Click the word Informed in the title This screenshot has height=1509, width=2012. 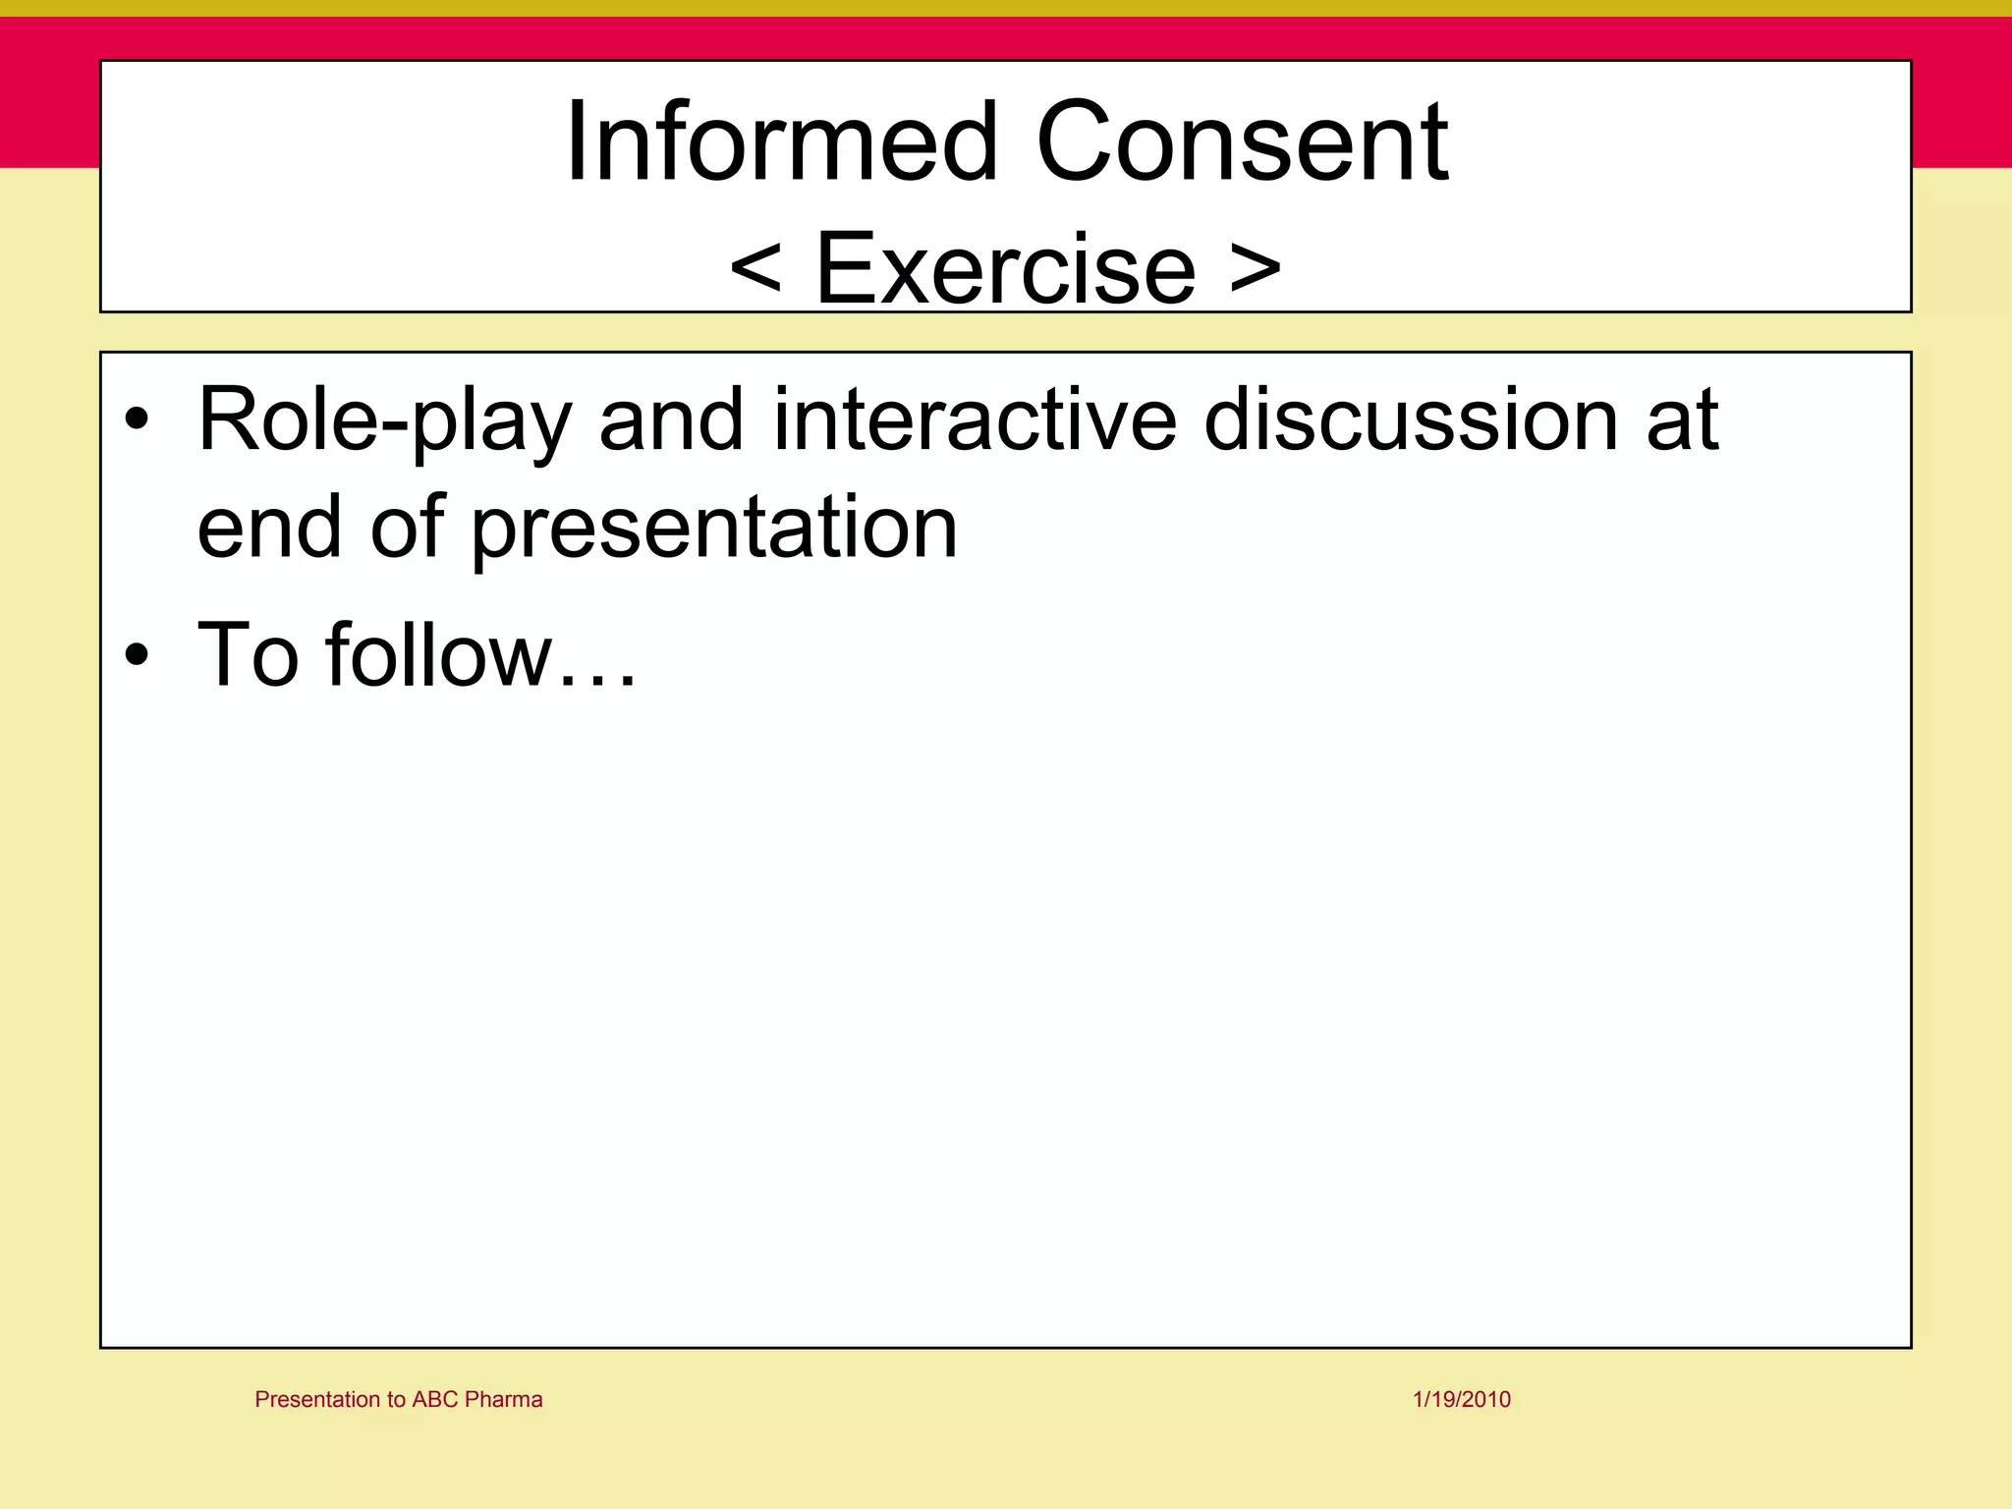pyautogui.click(x=782, y=142)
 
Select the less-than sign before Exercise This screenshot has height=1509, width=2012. pyautogui.click(x=755, y=267)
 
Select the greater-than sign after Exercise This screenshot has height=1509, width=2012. pyautogui.click(x=1256, y=267)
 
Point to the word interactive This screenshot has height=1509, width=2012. pyautogui.click(x=975, y=420)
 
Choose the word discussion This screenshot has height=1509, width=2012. pyautogui.click(x=1411, y=420)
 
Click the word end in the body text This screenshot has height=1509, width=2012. pyautogui.click(x=268, y=529)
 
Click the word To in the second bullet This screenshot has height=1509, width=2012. pyautogui.click(x=248, y=655)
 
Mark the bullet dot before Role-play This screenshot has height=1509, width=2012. pyautogui.click(x=138, y=421)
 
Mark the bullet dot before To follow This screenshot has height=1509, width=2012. pyautogui.click(x=138, y=655)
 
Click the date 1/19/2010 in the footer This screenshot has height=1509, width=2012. pyautogui.click(x=1461, y=1399)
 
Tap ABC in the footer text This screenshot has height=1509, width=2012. pyautogui.click(x=435, y=1399)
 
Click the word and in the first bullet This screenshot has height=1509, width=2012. pyautogui.click(x=671, y=420)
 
